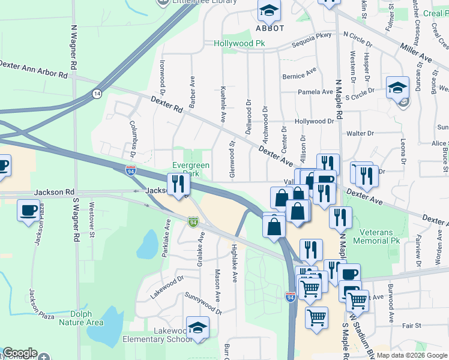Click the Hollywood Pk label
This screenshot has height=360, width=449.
pyautogui.click(x=240, y=44)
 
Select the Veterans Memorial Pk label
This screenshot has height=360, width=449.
pyautogui.click(x=379, y=236)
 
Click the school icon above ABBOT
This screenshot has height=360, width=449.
pyautogui.click(x=270, y=11)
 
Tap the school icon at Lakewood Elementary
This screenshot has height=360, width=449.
pyautogui.click(x=197, y=328)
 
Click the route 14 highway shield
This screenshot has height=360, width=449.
pyautogui.click(x=97, y=94)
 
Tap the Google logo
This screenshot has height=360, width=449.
pyautogui.click(x=20, y=353)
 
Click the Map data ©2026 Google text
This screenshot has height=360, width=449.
pyautogui.click(x=412, y=355)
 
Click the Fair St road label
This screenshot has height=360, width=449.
pyautogui.click(x=412, y=325)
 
